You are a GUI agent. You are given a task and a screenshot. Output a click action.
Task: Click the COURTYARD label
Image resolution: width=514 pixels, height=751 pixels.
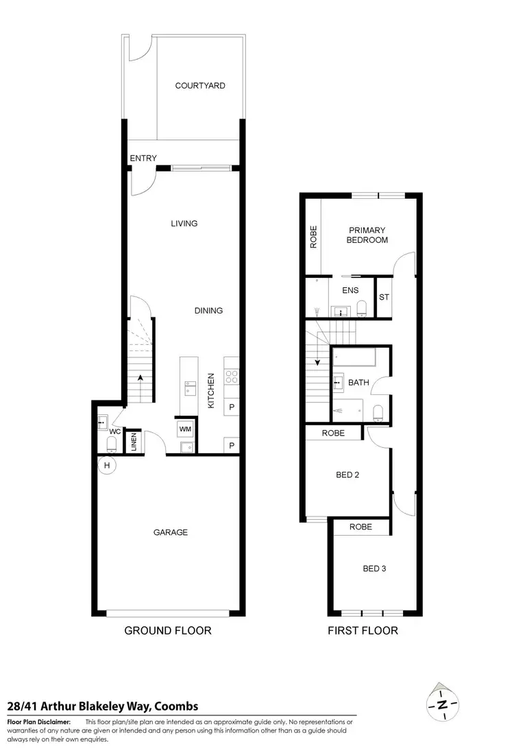click(200, 86)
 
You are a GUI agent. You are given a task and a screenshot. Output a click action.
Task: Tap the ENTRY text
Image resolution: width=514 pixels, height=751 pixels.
click(143, 158)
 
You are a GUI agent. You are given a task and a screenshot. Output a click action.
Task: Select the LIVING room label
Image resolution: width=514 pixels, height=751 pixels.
click(183, 223)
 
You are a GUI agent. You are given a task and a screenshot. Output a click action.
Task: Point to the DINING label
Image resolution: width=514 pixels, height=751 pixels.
click(208, 311)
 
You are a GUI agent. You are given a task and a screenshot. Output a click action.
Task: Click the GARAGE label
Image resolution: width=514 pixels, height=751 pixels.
click(171, 532)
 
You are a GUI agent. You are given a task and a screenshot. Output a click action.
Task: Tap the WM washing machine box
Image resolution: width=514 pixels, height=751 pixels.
click(185, 429)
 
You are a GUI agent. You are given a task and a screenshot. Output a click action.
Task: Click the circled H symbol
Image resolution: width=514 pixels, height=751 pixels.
click(108, 466)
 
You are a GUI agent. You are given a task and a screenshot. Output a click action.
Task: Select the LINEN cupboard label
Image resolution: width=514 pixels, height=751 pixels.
click(134, 443)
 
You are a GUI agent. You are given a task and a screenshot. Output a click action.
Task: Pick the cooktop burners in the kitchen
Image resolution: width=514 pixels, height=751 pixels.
click(232, 376)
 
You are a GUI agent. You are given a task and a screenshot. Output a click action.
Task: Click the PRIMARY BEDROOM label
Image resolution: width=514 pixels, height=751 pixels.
click(367, 235)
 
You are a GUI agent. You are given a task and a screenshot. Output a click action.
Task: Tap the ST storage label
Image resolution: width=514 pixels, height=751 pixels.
click(384, 298)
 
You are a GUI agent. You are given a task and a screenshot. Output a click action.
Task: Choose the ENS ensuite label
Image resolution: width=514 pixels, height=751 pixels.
click(350, 290)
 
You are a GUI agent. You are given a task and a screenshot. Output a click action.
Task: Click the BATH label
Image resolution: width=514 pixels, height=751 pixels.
click(358, 382)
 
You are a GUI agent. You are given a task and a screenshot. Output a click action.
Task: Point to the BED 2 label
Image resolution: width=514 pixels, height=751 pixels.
click(347, 475)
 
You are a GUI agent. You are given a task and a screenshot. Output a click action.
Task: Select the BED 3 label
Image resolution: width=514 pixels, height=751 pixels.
click(374, 568)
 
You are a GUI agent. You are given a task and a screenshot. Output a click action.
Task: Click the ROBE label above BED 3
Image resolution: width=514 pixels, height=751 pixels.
click(360, 527)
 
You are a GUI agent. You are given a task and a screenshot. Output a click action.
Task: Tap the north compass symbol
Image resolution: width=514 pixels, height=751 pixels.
click(443, 704)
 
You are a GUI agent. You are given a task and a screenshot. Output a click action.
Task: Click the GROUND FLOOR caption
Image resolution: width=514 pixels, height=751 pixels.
click(167, 630)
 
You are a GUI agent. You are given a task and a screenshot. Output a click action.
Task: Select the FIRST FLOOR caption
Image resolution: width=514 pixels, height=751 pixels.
click(363, 630)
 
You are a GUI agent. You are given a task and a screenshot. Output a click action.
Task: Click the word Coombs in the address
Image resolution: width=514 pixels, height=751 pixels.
click(176, 706)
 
